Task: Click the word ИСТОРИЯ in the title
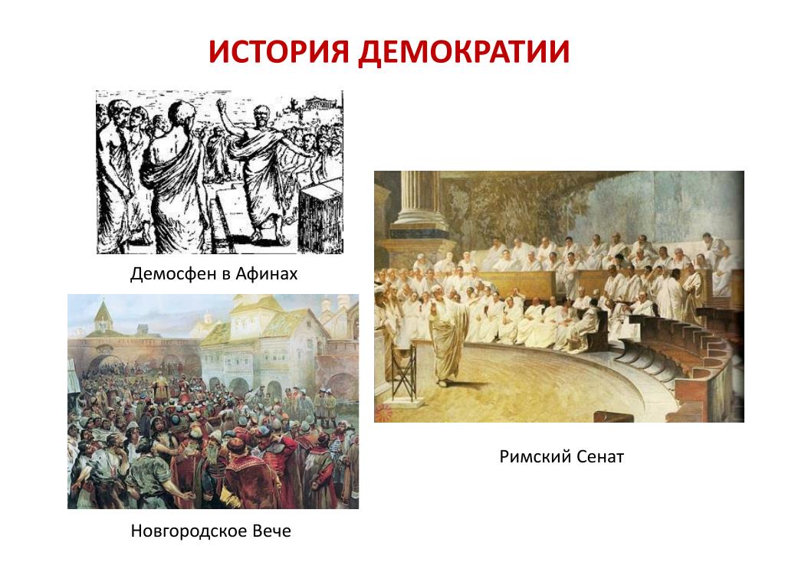tap(278, 51)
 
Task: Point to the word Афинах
tap(266, 274)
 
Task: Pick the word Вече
tap(272, 531)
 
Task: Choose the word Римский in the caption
tap(534, 456)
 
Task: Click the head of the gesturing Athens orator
tap(260, 116)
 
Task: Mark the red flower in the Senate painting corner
tap(386, 413)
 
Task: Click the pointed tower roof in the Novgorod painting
tap(103, 314)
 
